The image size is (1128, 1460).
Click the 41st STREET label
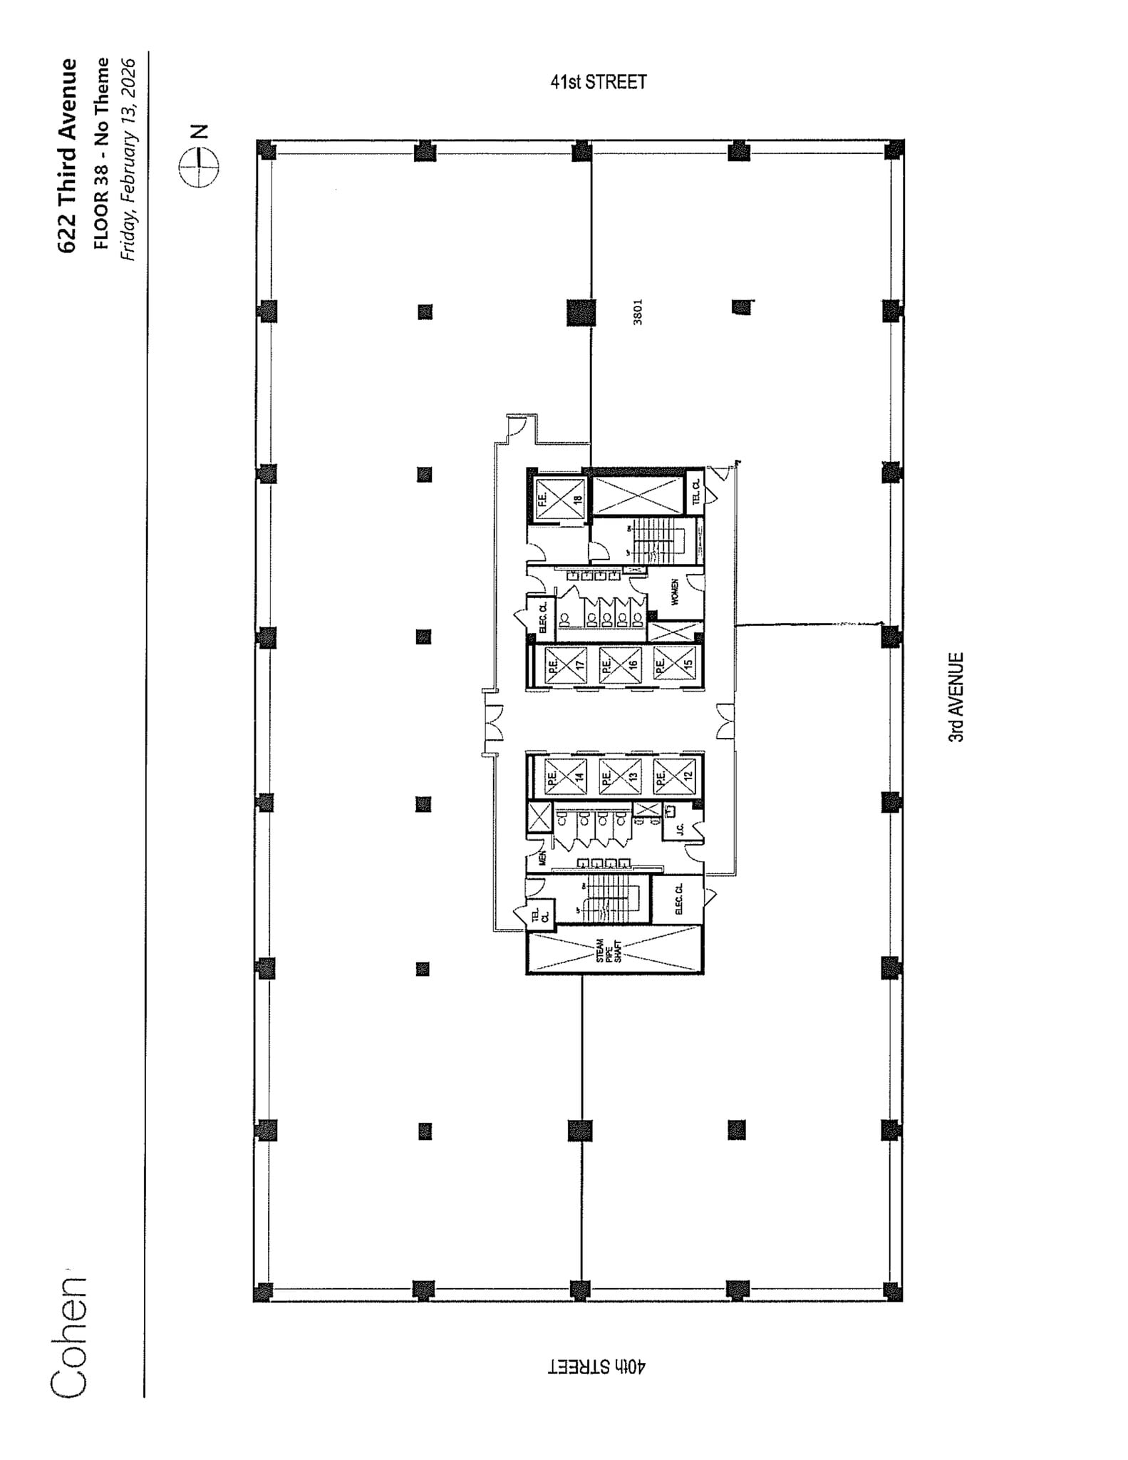(598, 82)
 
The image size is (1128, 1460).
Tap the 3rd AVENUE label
(956, 697)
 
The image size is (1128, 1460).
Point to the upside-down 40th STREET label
(597, 1366)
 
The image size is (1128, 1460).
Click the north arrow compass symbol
(199, 168)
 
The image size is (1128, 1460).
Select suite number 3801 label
(638, 312)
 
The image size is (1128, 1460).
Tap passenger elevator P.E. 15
(673, 664)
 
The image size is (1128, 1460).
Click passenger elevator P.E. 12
(673, 776)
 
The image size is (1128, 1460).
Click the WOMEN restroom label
(674, 592)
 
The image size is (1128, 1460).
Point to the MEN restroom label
(542, 858)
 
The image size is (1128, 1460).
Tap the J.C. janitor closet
(680, 828)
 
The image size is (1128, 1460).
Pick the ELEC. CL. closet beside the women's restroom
(542, 617)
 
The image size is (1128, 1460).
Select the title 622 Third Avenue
(68, 155)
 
